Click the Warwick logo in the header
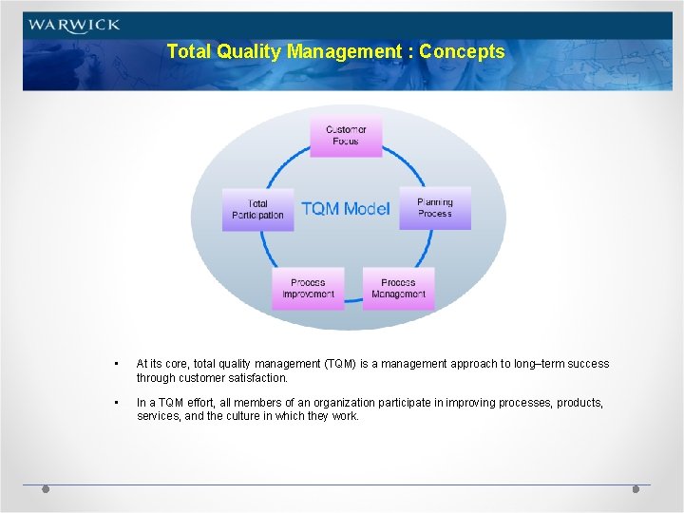coord(74,26)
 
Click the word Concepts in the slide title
coord(463,52)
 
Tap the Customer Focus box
coord(346,135)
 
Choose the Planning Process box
coord(435,207)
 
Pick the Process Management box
coord(398,288)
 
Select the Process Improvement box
coord(308,288)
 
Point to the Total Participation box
coord(257,209)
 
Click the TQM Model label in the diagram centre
coord(346,209)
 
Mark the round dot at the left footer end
coord(46,488)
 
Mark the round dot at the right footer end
coord(636,488)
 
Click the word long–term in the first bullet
coord(534,364)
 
